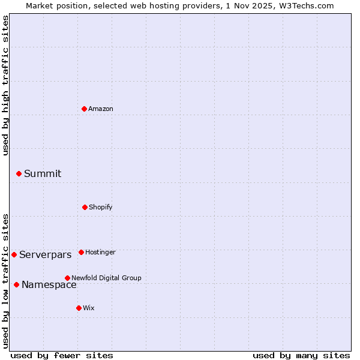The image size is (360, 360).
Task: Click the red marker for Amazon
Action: [x=84, y=109]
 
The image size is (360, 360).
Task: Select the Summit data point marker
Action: [x=19, y=173]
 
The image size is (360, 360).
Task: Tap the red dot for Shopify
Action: [x=85, y=207]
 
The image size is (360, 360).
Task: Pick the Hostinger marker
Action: [x=81, y=252]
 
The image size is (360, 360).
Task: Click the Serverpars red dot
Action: [x=14, y=254]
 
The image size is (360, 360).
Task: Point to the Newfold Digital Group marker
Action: [x=67, y=278]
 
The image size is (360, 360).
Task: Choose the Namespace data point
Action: [x=16, y=284]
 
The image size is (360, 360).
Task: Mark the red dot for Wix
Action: [x=79, y=308]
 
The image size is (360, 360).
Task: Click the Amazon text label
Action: [x=101, y=109]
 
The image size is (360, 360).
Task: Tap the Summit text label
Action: [x=43, y=174]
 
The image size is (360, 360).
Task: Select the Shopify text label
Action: [x=101, y=207]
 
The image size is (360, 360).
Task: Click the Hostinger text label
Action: [x=100, y=252]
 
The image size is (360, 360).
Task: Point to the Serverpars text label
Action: [x=46, y=255]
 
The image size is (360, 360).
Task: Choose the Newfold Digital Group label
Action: [x=106, y=278]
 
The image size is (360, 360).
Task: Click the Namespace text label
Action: [x=49, y=285]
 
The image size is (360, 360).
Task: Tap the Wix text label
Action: [x=89, y=308]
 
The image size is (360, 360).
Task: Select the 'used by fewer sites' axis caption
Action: [x=62, y=355]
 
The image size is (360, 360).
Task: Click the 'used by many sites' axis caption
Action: [x=301, y=355]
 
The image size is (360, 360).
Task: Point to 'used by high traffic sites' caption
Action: [x=5, y=85]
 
